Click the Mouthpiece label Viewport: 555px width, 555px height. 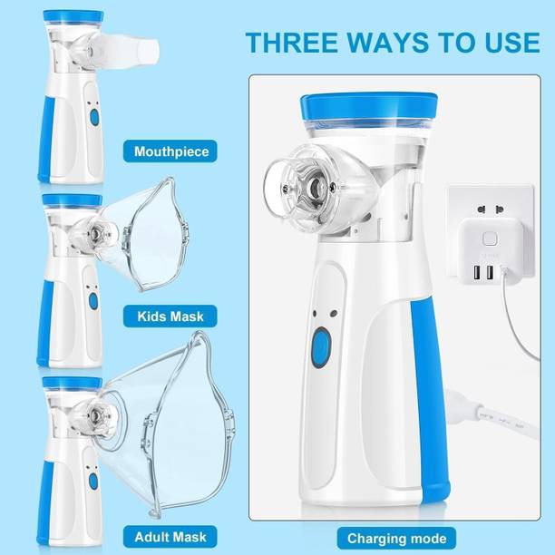point(171,151)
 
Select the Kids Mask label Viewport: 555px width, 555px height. point(171,316)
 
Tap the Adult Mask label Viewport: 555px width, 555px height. point(171,511)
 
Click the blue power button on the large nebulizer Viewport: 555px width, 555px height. point(320,348)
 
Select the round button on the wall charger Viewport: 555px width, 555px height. point(491,239)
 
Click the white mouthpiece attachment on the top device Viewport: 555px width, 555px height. point(135,51)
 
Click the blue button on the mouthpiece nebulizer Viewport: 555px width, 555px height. point(92,117)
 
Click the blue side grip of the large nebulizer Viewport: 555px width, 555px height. point(427,390)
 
